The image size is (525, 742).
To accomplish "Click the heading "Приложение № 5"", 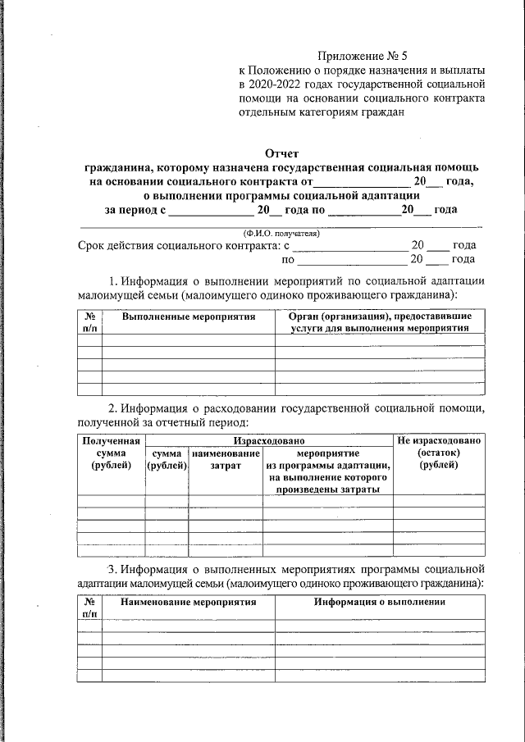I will (363, 57).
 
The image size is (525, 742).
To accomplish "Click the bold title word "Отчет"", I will (281, 152).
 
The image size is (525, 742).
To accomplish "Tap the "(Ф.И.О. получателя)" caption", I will (280, 233).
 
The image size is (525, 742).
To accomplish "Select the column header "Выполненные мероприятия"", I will (188, 316).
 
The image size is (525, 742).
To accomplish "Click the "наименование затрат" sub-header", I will (225, 459).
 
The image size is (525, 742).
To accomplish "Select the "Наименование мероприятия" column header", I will (188, 602).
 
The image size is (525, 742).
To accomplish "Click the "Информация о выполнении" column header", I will (379, 602).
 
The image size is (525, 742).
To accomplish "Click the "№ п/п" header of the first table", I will (89, 321).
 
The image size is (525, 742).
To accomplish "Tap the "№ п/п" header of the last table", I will (89, 608).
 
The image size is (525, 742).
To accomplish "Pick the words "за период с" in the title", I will (135, 210).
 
